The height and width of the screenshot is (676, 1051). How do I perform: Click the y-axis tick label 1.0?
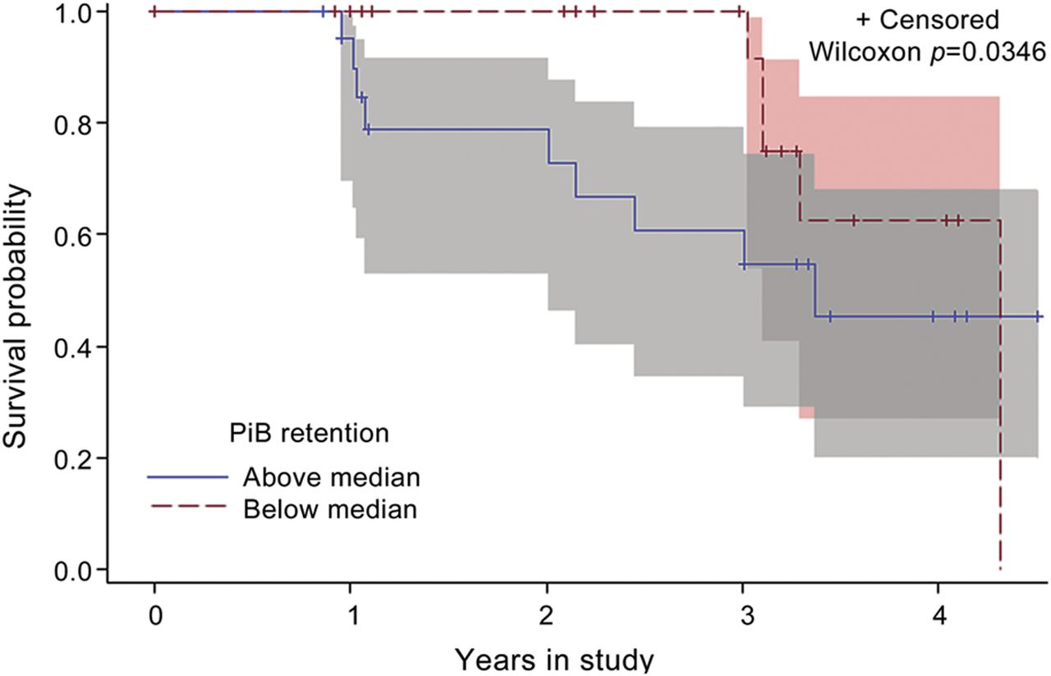[71, 12]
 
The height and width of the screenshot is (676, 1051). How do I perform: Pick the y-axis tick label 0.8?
[71, 123]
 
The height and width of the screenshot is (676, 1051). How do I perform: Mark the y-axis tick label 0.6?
[71, 235]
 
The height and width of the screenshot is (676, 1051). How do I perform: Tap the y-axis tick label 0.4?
[71, 347]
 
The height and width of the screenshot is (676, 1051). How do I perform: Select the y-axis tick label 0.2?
[71, 458]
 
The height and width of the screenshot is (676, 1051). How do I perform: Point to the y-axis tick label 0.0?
[71, 569]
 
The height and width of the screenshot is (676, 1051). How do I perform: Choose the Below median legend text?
[330, 509]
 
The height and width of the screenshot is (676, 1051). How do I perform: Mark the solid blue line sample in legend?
[187, 476]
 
